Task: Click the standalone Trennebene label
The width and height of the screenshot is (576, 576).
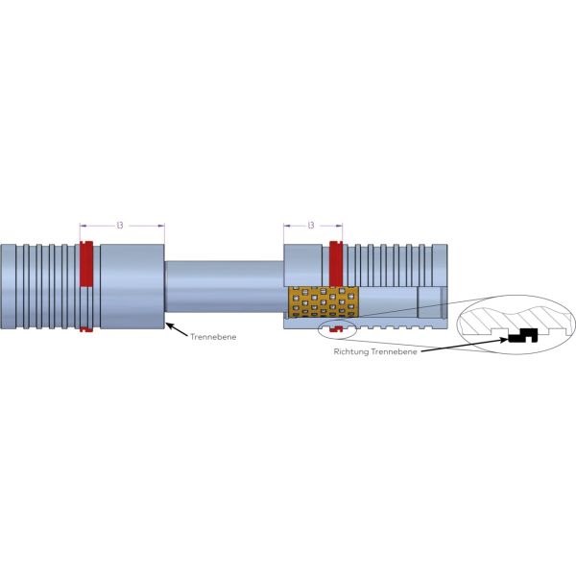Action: [213, 337]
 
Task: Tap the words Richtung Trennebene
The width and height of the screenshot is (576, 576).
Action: [375, 351]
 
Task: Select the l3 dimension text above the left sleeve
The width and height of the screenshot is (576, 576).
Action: [120, 226]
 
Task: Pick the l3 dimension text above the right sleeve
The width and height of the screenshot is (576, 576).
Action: [311, 226]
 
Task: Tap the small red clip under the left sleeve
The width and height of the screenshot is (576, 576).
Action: [86, 329]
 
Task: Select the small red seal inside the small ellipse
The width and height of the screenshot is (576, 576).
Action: [336, 329]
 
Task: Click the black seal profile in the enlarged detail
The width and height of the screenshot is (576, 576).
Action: [523, 335]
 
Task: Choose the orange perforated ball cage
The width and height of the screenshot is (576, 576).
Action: [324, 301]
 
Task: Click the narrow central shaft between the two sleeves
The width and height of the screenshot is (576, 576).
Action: [224, 286]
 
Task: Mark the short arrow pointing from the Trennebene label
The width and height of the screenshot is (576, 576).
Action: [177, 328]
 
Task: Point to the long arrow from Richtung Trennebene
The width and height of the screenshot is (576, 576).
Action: [466, 346]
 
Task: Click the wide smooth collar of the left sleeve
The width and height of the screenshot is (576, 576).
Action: [132, 286]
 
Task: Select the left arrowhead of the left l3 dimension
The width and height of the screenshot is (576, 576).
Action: [84, 226]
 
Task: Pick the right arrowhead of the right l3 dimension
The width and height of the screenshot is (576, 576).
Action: [339, 226]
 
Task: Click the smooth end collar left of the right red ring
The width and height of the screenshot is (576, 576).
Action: [302, 265]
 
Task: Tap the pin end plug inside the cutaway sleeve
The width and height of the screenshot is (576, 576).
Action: [432, 302]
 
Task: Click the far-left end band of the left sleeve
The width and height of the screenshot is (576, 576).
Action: [8, 286]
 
